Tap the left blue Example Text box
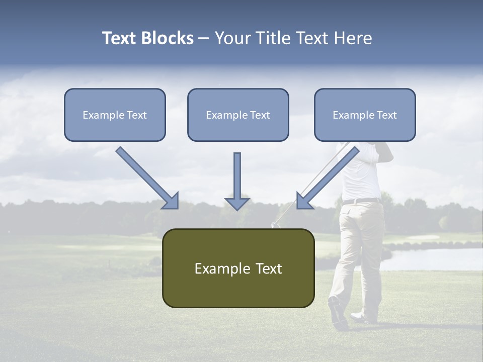[115, 115]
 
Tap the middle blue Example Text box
[238, 115]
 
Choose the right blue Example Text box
[365, 115]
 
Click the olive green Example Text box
[238, 268]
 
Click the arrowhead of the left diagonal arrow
[171, 201]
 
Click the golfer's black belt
[361, 201]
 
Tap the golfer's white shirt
[361, 176]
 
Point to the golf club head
[275, 225]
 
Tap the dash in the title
[204, 39]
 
